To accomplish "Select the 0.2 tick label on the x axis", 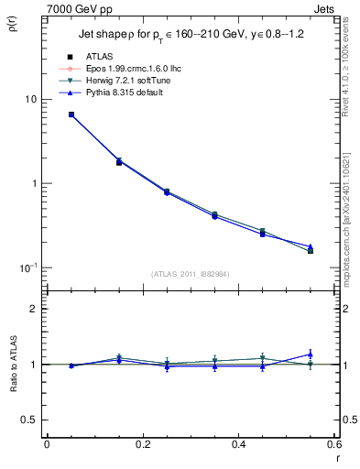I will pyautogui.click(x=142, y=444).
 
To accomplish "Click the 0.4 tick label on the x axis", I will pyautogui.click(x=237, y=444).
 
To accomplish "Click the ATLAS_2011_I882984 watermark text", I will pyautogui.click(x=190, y=273).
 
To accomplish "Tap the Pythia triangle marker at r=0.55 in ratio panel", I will pyautogui.click(x=311, y=354).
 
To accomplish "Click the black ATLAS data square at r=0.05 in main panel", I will pyautogui.click(x=71, y=115).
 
